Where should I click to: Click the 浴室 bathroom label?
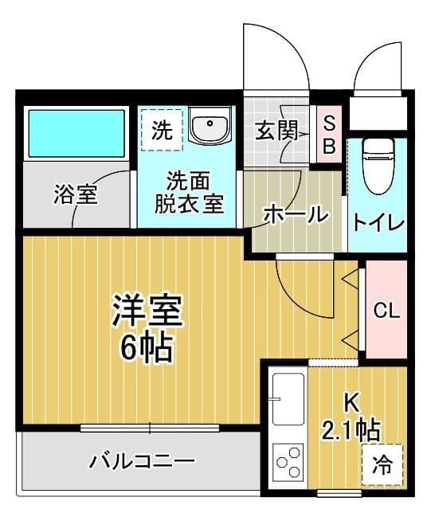(x=76, y=194)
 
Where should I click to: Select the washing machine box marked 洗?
(x=162, y=129)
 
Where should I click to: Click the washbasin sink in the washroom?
(x=210, y=127)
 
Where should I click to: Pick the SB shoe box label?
(x=328, y=135)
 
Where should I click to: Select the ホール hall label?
(x=295, y=214)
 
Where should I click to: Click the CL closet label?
(x=386, y=311)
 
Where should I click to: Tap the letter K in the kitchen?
(x=350, y=402)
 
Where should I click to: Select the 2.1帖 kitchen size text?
(x=350, y=430)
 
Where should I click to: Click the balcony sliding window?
(x=150, y=429)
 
